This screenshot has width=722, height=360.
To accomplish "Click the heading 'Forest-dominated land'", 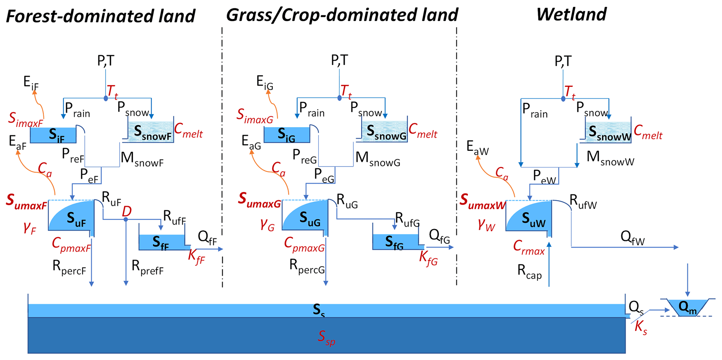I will click(101, 16).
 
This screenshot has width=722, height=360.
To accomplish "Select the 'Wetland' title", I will click(571, 15).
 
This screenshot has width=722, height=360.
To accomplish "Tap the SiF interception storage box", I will click(53, 135).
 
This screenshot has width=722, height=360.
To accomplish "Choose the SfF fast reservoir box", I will click(162, 242).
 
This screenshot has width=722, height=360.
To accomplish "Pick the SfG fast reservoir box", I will click(395, 242).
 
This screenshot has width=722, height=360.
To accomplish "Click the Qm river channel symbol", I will click(687, 308).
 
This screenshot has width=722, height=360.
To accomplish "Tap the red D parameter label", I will click(126, 212).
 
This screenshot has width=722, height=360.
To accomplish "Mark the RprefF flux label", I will click(147, 267).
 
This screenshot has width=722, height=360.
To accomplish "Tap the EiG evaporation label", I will click(264, 82).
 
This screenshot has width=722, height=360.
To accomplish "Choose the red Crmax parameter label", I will click(529, 247).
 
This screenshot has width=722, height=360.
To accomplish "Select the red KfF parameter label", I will click(196, 257).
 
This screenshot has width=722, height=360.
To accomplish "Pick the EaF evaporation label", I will click(17, 142).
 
